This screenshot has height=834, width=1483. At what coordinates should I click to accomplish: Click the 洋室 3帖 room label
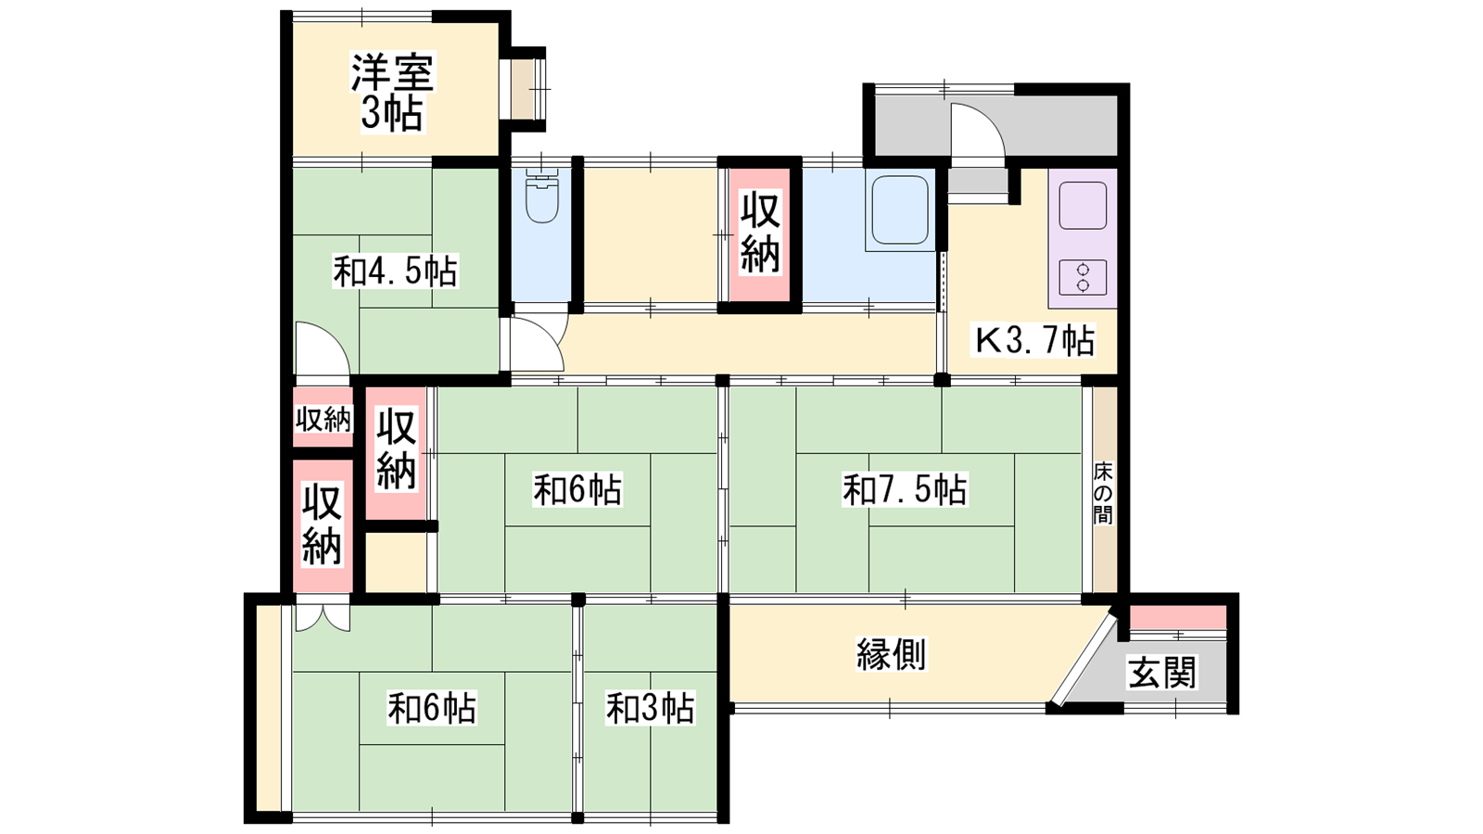coord(392,94)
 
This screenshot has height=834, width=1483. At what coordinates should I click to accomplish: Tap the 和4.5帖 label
coord(395,272)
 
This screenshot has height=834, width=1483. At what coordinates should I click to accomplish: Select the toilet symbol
coord(541,196)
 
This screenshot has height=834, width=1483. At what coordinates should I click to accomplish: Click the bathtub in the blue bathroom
coord(900,209)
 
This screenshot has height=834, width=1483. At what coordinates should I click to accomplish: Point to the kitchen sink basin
coord(1084,205)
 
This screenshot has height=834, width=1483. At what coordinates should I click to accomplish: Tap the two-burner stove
coord(1084,277)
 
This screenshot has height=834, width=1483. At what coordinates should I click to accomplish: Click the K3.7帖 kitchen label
coord(1034,341)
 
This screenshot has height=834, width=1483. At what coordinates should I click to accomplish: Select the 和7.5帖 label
coord(905,490)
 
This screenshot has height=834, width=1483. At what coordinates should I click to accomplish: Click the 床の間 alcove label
coord(1103,493)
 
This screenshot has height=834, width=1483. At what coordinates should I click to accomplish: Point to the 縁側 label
coord(891,654)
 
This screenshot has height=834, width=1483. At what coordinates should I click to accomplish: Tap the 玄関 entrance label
coord(1162,673)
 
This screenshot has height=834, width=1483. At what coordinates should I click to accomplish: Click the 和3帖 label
coord(650,708)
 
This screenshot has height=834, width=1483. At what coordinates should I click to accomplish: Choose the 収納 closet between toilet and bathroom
coord(759,232)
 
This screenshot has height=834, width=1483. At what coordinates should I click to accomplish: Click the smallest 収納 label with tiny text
coord(323,419)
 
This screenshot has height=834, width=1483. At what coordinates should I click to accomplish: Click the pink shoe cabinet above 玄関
coord(1178,617)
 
